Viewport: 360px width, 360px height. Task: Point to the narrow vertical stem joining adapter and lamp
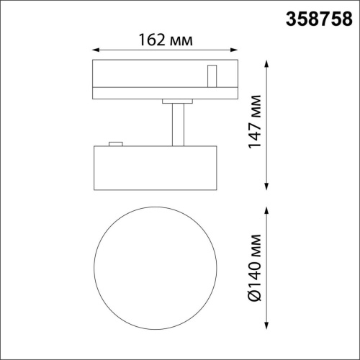[177, 125]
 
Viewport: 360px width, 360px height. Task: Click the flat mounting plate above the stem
[177, 102]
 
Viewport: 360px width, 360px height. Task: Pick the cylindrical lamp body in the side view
[156, 167]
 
